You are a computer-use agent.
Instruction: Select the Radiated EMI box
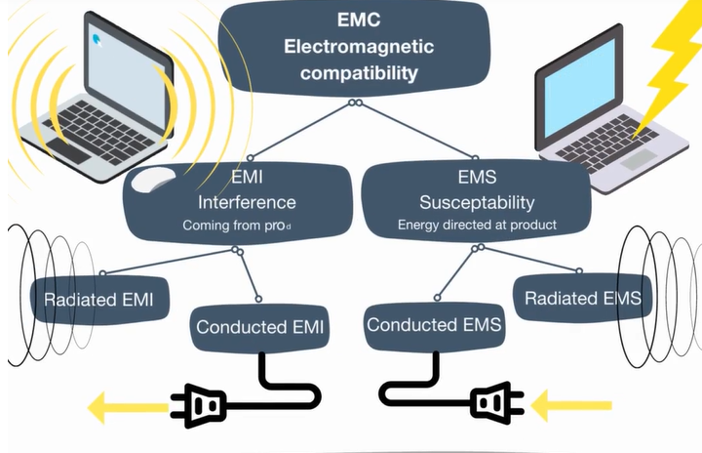(x=97, y=298)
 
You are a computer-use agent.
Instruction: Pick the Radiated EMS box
(x=583, y=298)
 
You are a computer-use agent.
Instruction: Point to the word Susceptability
(x=477, y=203)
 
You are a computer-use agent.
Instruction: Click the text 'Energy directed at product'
(x=477, y=226)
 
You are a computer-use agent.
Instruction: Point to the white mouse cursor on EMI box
(x=148, y=182)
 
